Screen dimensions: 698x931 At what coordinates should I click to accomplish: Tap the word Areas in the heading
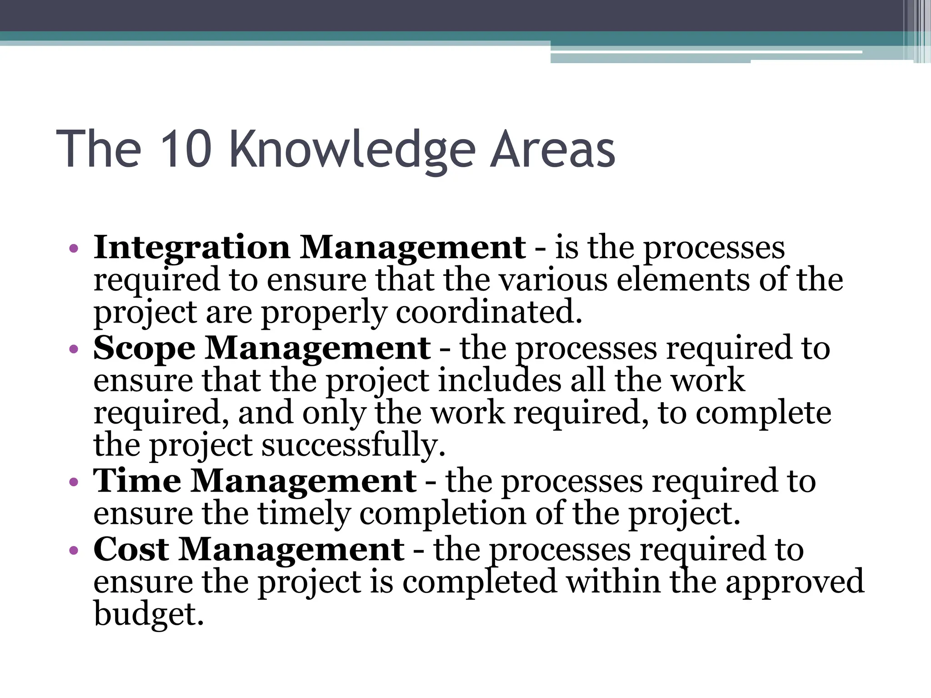pos(553,149)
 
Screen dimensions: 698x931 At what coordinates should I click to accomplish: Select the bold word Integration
pos(192,248)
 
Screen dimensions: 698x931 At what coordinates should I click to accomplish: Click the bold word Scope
pos(145,349)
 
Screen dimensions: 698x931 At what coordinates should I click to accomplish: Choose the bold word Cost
pos(131,549)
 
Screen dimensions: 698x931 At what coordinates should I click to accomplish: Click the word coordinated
pos(489,313)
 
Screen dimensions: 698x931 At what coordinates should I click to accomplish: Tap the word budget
pos(148,614)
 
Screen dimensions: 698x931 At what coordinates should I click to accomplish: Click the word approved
pos(795,583)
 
